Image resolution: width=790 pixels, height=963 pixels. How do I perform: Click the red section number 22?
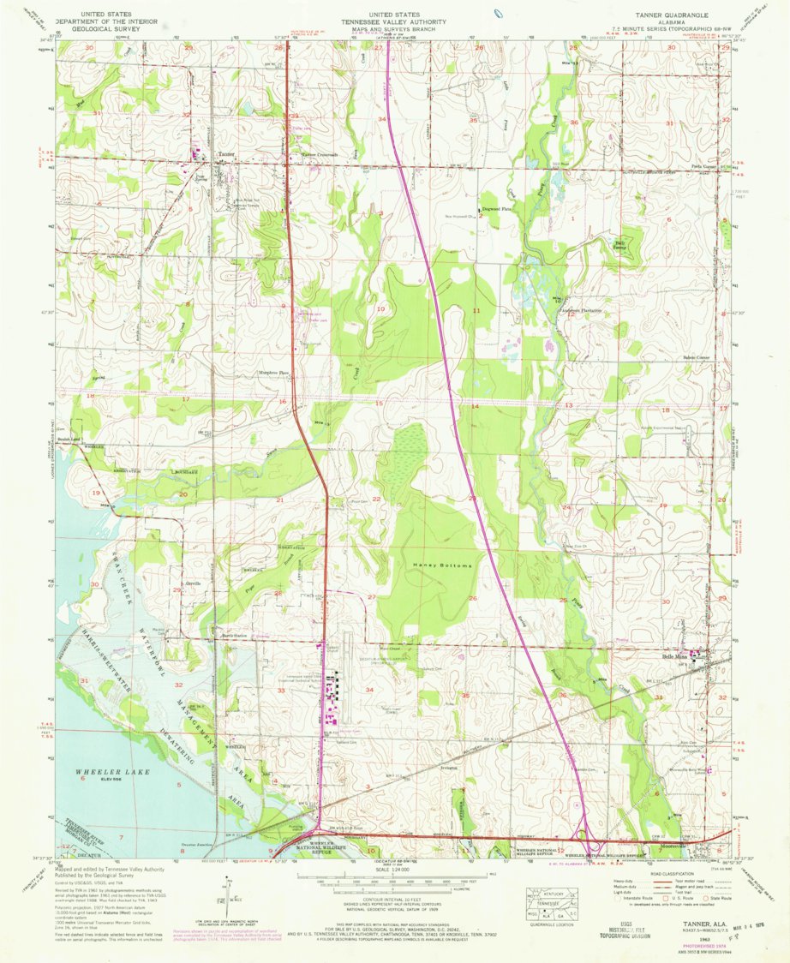(376, 499)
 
